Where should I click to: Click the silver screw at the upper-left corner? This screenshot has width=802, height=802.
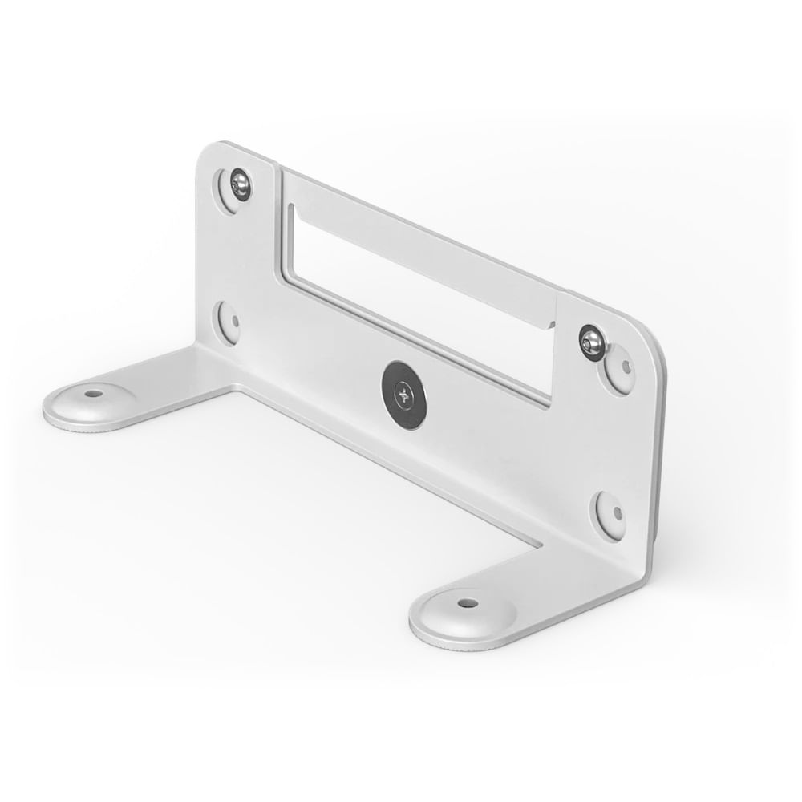coord(240,185)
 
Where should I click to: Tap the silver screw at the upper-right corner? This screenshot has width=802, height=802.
coord(592,343)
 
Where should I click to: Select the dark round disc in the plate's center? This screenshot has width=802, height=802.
coord(403,395)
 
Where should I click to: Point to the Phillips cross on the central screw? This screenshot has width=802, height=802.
coord(403,394)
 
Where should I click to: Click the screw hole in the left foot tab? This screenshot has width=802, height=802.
coord(94,394)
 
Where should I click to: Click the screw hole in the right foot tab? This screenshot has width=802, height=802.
coord(467,602)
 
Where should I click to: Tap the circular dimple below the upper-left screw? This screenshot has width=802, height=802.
coord(229,322)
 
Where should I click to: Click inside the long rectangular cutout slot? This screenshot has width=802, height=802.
coord(417,305)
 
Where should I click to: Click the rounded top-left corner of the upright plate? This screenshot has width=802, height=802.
coord(210,156)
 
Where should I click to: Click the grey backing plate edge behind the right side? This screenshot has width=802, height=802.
coord(659,449)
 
